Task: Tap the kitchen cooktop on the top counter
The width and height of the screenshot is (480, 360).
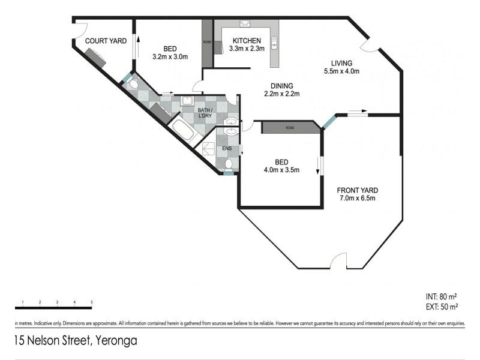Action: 245,24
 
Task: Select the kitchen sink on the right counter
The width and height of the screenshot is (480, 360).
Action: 274,43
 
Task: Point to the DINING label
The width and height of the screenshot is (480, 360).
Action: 281,85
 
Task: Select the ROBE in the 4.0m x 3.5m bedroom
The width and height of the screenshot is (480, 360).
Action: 290,128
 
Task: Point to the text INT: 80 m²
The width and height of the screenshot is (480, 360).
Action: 440,297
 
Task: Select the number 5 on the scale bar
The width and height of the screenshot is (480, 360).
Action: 91,302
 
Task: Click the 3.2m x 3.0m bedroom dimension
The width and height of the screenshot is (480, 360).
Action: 170,58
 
